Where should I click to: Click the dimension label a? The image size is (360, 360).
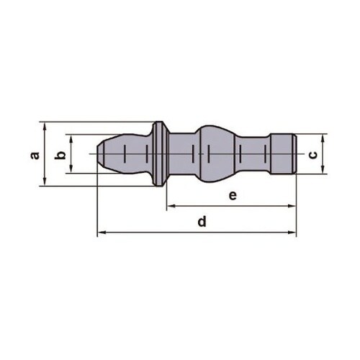point(35,156)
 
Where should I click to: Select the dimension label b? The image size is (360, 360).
point(60,155)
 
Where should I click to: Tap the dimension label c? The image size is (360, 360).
point(312,156)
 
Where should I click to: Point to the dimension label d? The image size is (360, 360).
point(202,221)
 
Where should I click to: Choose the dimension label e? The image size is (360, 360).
point(233,196)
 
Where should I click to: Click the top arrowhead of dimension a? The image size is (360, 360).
point(45,125)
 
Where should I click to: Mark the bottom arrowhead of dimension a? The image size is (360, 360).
point(45,182)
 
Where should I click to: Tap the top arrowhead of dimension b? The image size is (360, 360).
point(71,138)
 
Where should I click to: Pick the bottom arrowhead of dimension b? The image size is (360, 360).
point(71,169)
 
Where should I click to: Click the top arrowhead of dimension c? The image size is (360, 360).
point(323,138)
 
